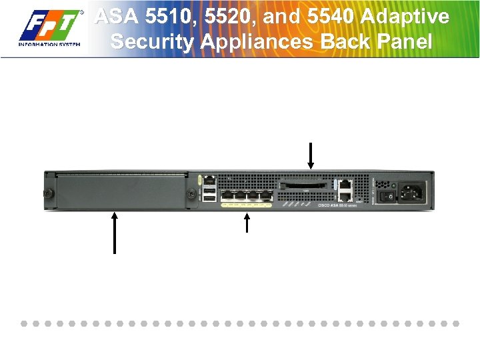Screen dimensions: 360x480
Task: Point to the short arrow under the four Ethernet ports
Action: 247,223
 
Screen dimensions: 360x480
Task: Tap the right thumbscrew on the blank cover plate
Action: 191,194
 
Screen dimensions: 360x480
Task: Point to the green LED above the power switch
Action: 393,185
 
